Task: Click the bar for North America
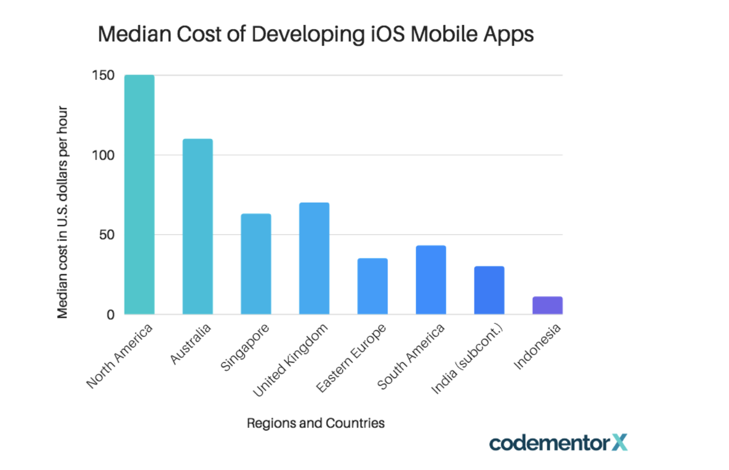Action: pyautogui.click(x=139, y=194)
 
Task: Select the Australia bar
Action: pyautogui.click(x=197, y=226)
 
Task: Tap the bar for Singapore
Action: pyautogui.click(x=256, y=264)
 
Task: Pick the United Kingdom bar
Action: pyautogui.click(x=314, y=258)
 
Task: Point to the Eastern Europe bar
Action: pyautogui.click(x=372, y=286)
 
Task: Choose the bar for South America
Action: pyautogui.click(x=430, y=280)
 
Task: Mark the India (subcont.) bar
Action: pyautogui.click(x=489, y=290)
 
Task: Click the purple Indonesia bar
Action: pyautogui.click(x=547, y=305)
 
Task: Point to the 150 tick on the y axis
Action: pyautogui.click(x=104, y=75)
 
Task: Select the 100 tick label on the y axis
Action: pyautogui.click(x=104, y=155)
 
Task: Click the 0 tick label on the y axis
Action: pyautogui.click(x=110, y=314)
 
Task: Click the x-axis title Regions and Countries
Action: pyautogui.click(x=316, y=423)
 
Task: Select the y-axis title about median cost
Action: pyautogui.click(x=63, y=211)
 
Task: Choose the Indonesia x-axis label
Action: pyautogui.click(x=538, y=347)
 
